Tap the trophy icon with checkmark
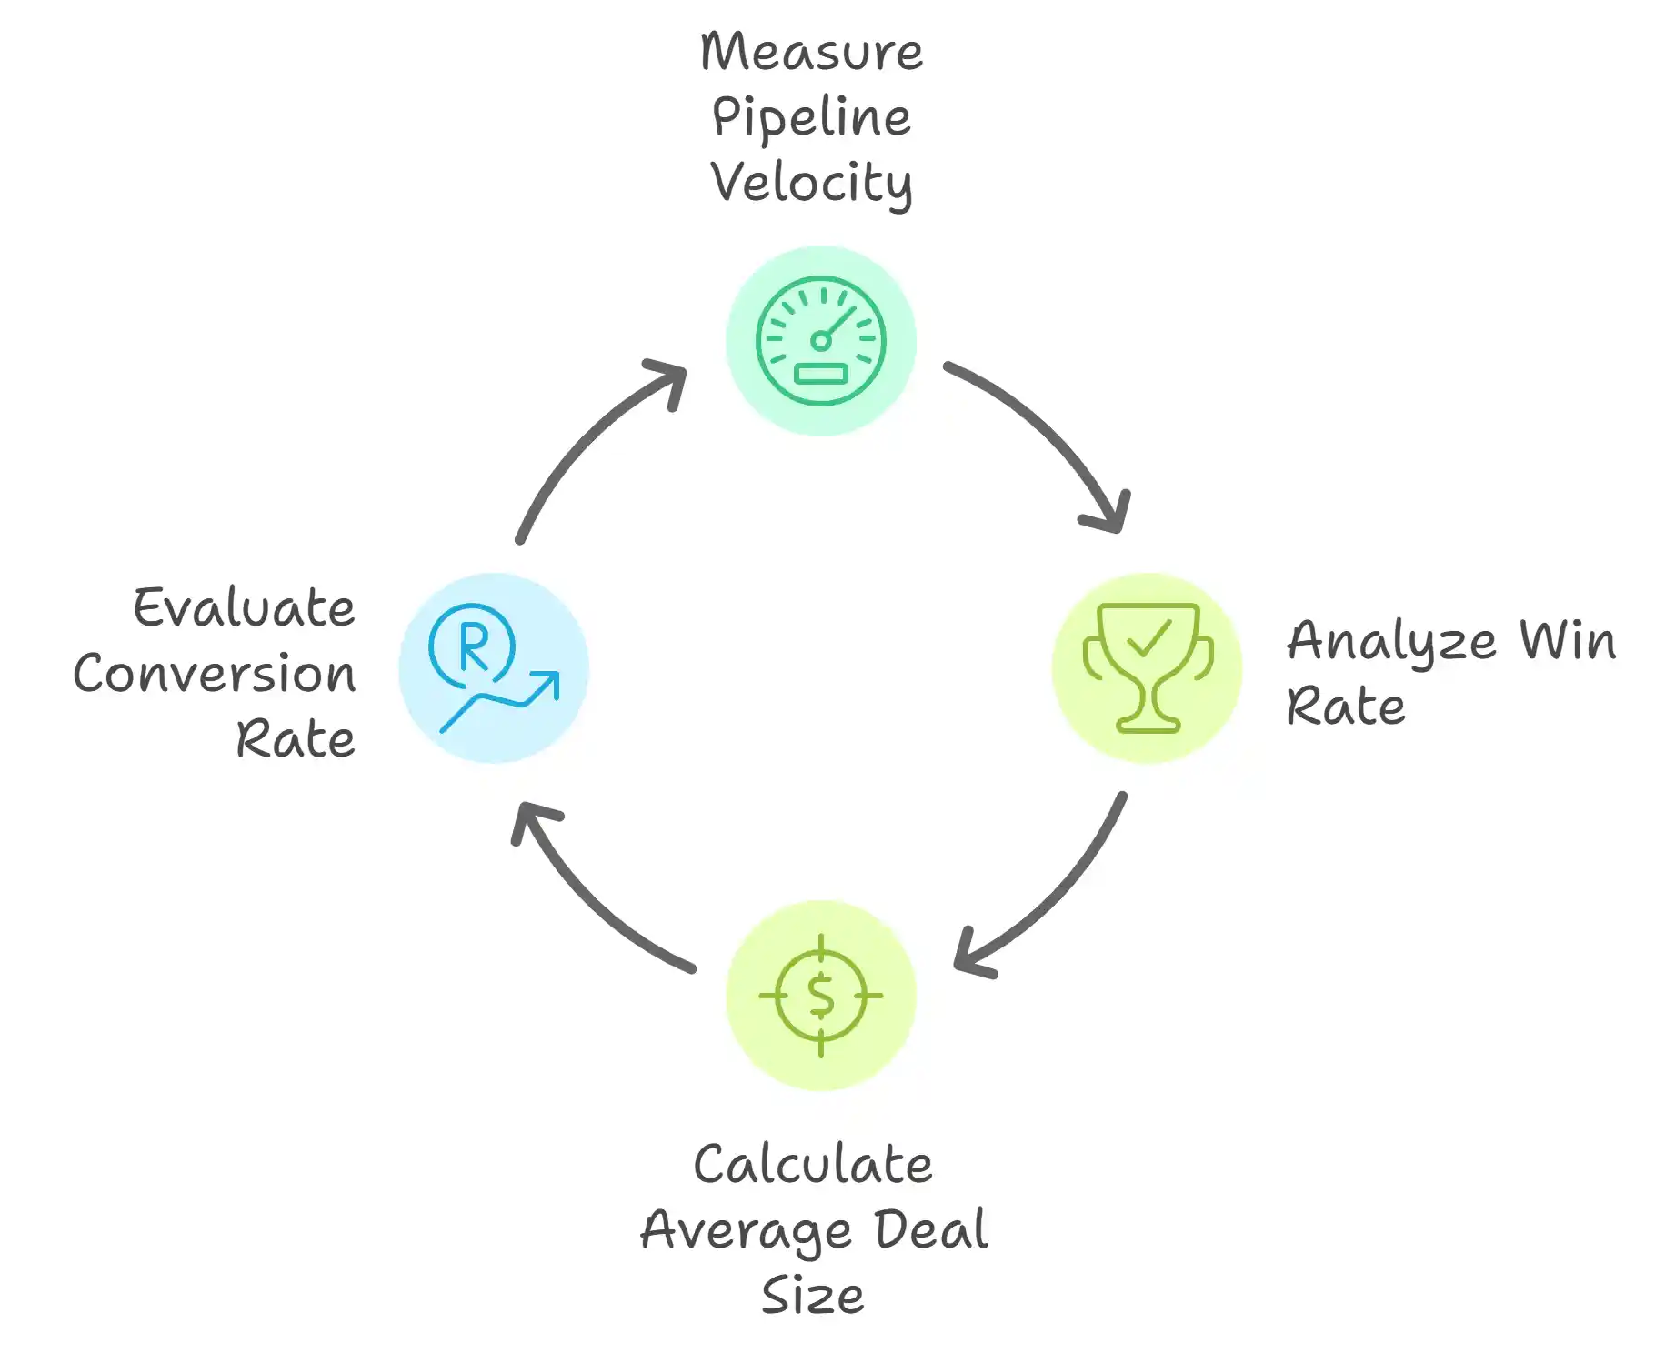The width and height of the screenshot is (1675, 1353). [x=1148, y=667]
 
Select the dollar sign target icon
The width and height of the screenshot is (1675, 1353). [x=820, y=996]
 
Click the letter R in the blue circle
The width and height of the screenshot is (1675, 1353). [x=474, y=646]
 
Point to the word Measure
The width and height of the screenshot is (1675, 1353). [x=811, y=52]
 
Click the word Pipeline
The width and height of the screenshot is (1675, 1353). [x=811, y=118]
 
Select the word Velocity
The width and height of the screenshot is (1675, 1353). [x=811, y=184]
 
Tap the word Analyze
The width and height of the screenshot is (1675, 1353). [x=1391, y=642]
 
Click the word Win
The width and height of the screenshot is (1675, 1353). [x=1568, y=640]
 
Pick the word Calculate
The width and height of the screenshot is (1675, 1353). [x=813, y=1165]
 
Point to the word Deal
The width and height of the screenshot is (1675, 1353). [x=931, y=1230]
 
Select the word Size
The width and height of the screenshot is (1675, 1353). [x=813, y=1296]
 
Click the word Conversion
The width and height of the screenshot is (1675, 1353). [x=215, y=674]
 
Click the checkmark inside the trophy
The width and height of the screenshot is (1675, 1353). [x=1148, y=637]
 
